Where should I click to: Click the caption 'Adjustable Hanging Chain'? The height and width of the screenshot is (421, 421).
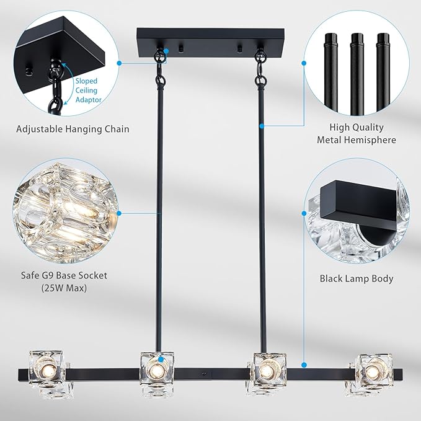pos(73,129)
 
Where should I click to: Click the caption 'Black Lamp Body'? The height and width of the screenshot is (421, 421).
pos(357,278)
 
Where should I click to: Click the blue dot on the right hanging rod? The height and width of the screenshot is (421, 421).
pos(261,126)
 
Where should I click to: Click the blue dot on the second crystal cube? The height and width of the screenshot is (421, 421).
pos(161,358)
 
